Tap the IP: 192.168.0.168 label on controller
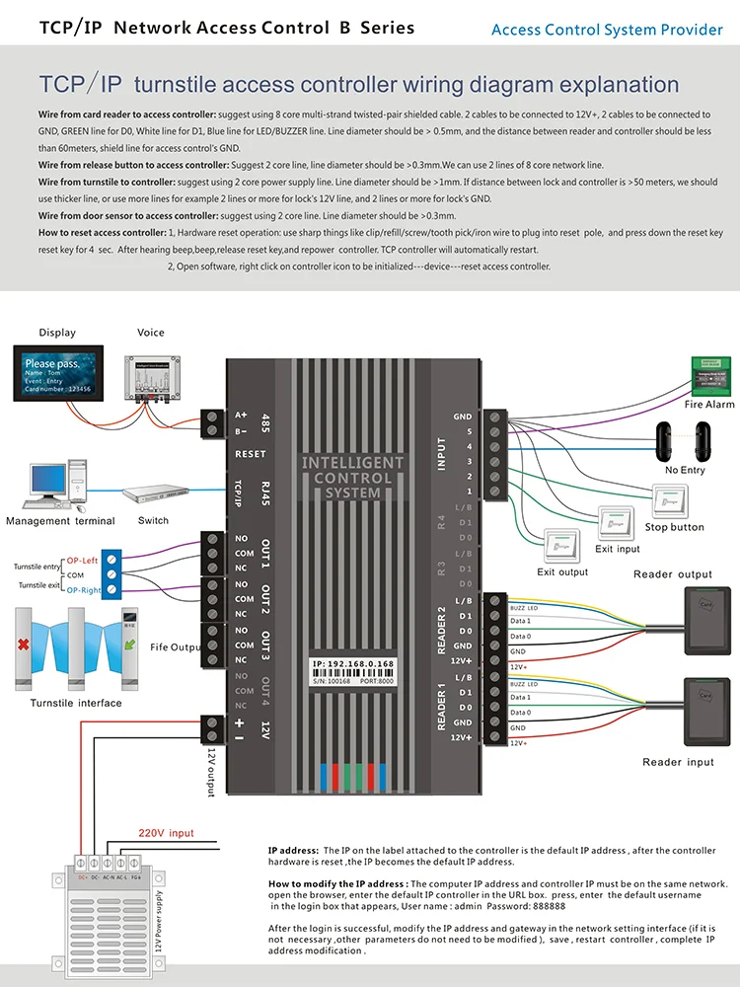(352, 663)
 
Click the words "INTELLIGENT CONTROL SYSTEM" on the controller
(352, 477)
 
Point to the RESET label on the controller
(251, 455)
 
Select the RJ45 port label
(263, 491)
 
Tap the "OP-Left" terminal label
(83, 562)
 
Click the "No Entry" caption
(685, 470)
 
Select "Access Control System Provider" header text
(607, 30)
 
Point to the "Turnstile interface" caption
(76, 703)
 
